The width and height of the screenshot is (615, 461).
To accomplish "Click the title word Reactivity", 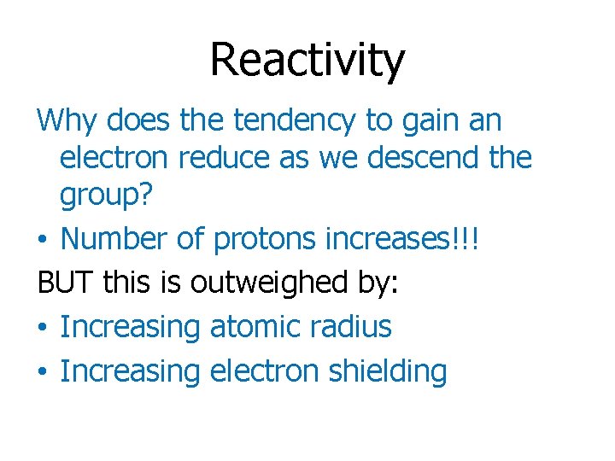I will pos(307,61).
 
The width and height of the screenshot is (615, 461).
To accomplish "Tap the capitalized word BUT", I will pos(65,283).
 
